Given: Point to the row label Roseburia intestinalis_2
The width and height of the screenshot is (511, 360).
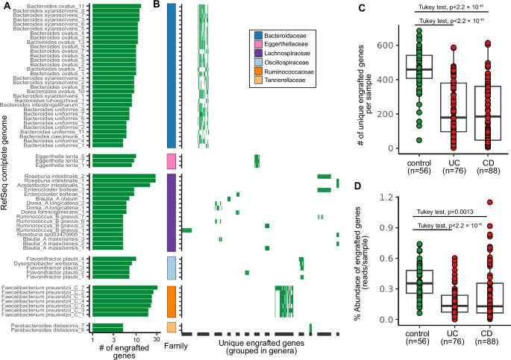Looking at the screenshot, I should pos(61,176).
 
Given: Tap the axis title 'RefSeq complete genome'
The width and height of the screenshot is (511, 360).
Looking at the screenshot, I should pos(6,179).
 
